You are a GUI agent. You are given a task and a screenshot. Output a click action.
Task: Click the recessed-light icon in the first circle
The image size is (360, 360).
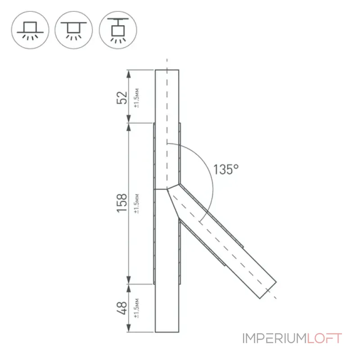(x=30, y=30)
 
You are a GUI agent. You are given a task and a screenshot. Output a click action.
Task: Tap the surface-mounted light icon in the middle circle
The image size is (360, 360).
(x=74, y=30)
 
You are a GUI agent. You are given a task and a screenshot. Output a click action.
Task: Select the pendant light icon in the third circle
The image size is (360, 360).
(x=118, y=30)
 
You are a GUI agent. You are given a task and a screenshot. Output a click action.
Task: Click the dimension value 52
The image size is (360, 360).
(x=121, y=98)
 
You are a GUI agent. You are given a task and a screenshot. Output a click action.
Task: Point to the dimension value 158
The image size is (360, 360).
(x=121, y=203)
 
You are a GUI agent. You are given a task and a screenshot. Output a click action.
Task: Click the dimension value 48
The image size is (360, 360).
(x=121, y=308)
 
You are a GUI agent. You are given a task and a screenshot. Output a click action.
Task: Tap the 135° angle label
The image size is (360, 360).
(x=226, y=170)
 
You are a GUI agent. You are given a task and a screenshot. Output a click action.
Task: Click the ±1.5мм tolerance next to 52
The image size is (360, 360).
(x=137, y=98)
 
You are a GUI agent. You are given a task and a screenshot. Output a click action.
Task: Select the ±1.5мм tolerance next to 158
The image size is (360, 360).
(x=137, y=204)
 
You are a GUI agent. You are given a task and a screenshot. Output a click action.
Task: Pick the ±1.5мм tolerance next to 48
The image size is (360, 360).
(x=137, y=308)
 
